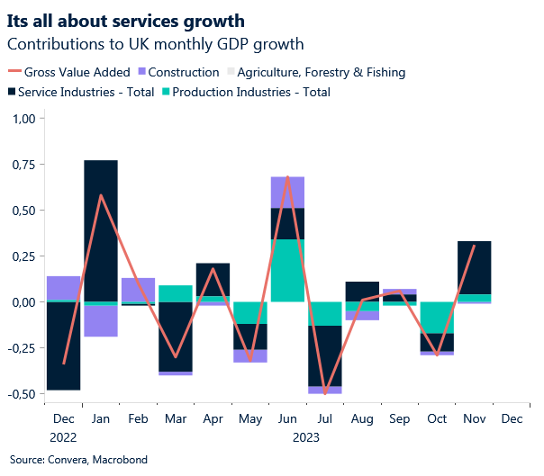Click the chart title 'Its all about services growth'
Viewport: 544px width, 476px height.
[x=124, y=19]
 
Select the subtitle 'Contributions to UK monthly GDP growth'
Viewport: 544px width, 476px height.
[x=155, y=43]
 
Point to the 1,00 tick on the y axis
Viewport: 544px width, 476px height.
[x=22, y=119]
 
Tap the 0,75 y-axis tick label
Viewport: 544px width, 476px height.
[x=22, y=165]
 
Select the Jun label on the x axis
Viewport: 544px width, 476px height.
[x=287, y=419]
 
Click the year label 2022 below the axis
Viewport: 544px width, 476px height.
[x=63, y=437]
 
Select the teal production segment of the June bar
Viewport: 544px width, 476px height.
[x=287, y=270]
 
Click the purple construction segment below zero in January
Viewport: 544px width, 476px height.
[x=101, y=321]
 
